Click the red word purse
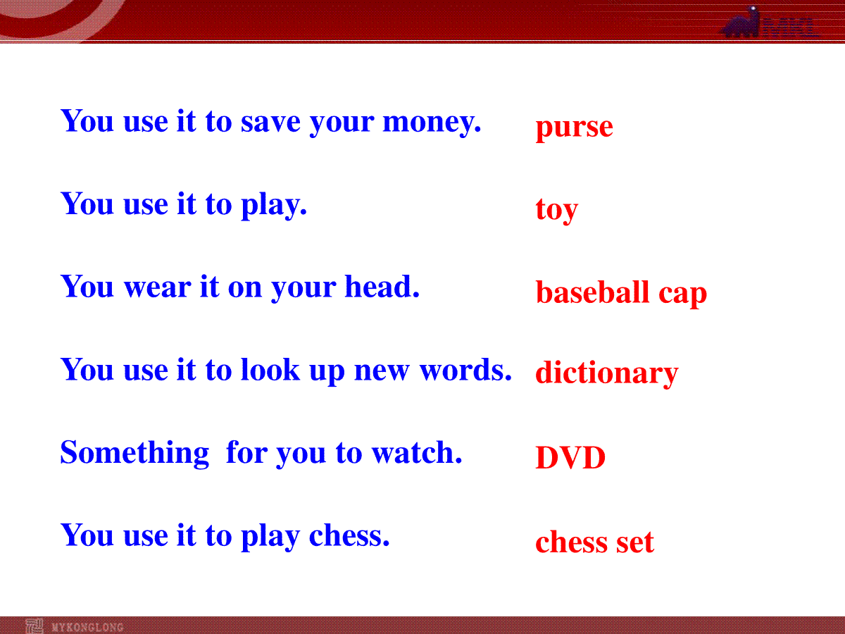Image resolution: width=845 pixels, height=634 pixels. [x=574, y=128]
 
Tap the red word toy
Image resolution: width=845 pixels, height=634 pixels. [x=557, y=209]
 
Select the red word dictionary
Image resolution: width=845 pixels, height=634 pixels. [x=607, y=373]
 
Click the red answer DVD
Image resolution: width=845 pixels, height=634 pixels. [x=570, y=458]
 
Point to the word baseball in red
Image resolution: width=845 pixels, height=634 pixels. [x=592, y=292]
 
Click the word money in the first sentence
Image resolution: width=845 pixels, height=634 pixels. [x=432, y=123]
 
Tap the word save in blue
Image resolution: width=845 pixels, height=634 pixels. [x=270, y=122]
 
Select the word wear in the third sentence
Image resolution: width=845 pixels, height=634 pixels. [x=157, y=287]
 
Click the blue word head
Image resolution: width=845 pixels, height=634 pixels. [x=382, y=287]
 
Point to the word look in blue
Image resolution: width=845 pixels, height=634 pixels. [x=270, y=370]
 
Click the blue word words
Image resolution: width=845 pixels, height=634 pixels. [x=465, y=370]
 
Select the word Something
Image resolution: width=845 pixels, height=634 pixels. [x=134, y=453]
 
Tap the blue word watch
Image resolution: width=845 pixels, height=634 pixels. [x=417, y=452]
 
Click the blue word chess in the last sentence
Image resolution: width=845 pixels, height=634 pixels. [x=349, y=535]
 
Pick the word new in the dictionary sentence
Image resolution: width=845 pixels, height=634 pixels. [x=382, y=371]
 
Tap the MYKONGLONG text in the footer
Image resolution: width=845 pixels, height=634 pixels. [x=87, y=627]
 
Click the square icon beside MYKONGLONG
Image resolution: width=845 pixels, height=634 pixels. [x=35, y=626]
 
